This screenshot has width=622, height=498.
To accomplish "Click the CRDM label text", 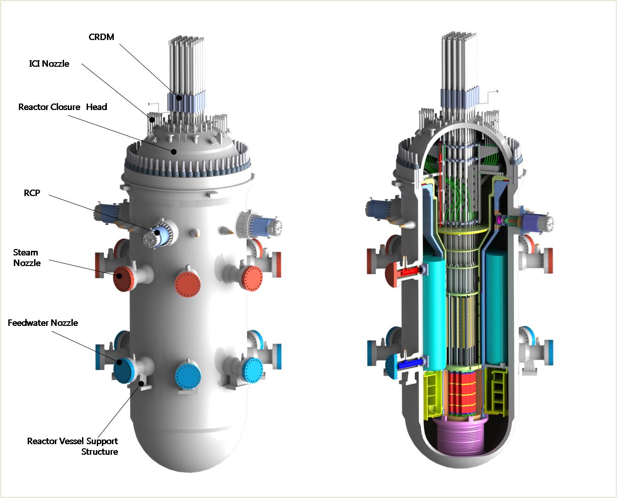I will point(101,37).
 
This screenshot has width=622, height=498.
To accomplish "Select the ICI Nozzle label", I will point(49,64).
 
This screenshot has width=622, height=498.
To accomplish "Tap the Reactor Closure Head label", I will point(63,107).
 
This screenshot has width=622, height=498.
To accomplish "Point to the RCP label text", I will point(32,193).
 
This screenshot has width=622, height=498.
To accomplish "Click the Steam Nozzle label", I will point(27,258).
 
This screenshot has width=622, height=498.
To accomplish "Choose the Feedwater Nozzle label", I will point(43,323).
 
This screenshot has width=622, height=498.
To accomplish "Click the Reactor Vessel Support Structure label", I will point(73,446).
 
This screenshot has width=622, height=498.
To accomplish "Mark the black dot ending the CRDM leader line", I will point(178,98).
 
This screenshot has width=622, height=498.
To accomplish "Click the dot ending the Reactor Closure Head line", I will point(174,151).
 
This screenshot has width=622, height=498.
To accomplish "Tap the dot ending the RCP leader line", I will point(157,232).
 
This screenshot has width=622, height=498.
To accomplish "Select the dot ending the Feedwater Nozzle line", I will point(119,362).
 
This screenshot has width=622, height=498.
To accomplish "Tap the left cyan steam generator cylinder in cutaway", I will point(434,313).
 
